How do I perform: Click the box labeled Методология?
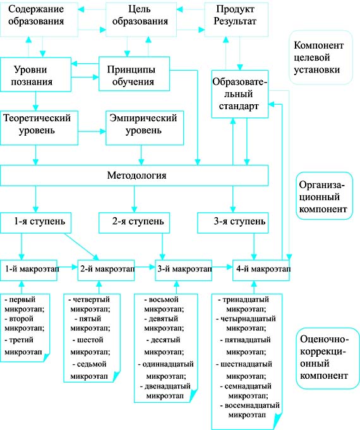(x=134, y=176)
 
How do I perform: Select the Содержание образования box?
(x=39, y=19)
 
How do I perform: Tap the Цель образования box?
(x=141, y=19)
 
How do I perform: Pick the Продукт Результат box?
(x=236, y=19)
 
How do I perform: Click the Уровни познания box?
(x=35, y=75)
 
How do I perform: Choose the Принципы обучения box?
(x=134, y=74)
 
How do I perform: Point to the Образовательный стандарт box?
(x=240, y=94)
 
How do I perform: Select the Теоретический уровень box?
(x=39, y=128)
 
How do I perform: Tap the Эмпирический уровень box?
(x=145, y=128)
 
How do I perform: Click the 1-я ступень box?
(x=35, y=223)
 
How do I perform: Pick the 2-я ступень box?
(x=134, y=223)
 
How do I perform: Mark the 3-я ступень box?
(x=233, y=223)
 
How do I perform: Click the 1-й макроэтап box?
(x=28, y=270)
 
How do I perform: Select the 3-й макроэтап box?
(x=184, y=270)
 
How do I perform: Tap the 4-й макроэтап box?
(x=261, y=270)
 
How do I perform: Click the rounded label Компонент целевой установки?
(x=320, y=57)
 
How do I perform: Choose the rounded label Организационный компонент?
(x=324, y=196)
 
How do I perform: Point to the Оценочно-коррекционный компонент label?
(x=324, y=358)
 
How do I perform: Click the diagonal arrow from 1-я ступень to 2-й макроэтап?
(x=81, y=247)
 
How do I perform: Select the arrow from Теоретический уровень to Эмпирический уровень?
(x=92, y=131)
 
